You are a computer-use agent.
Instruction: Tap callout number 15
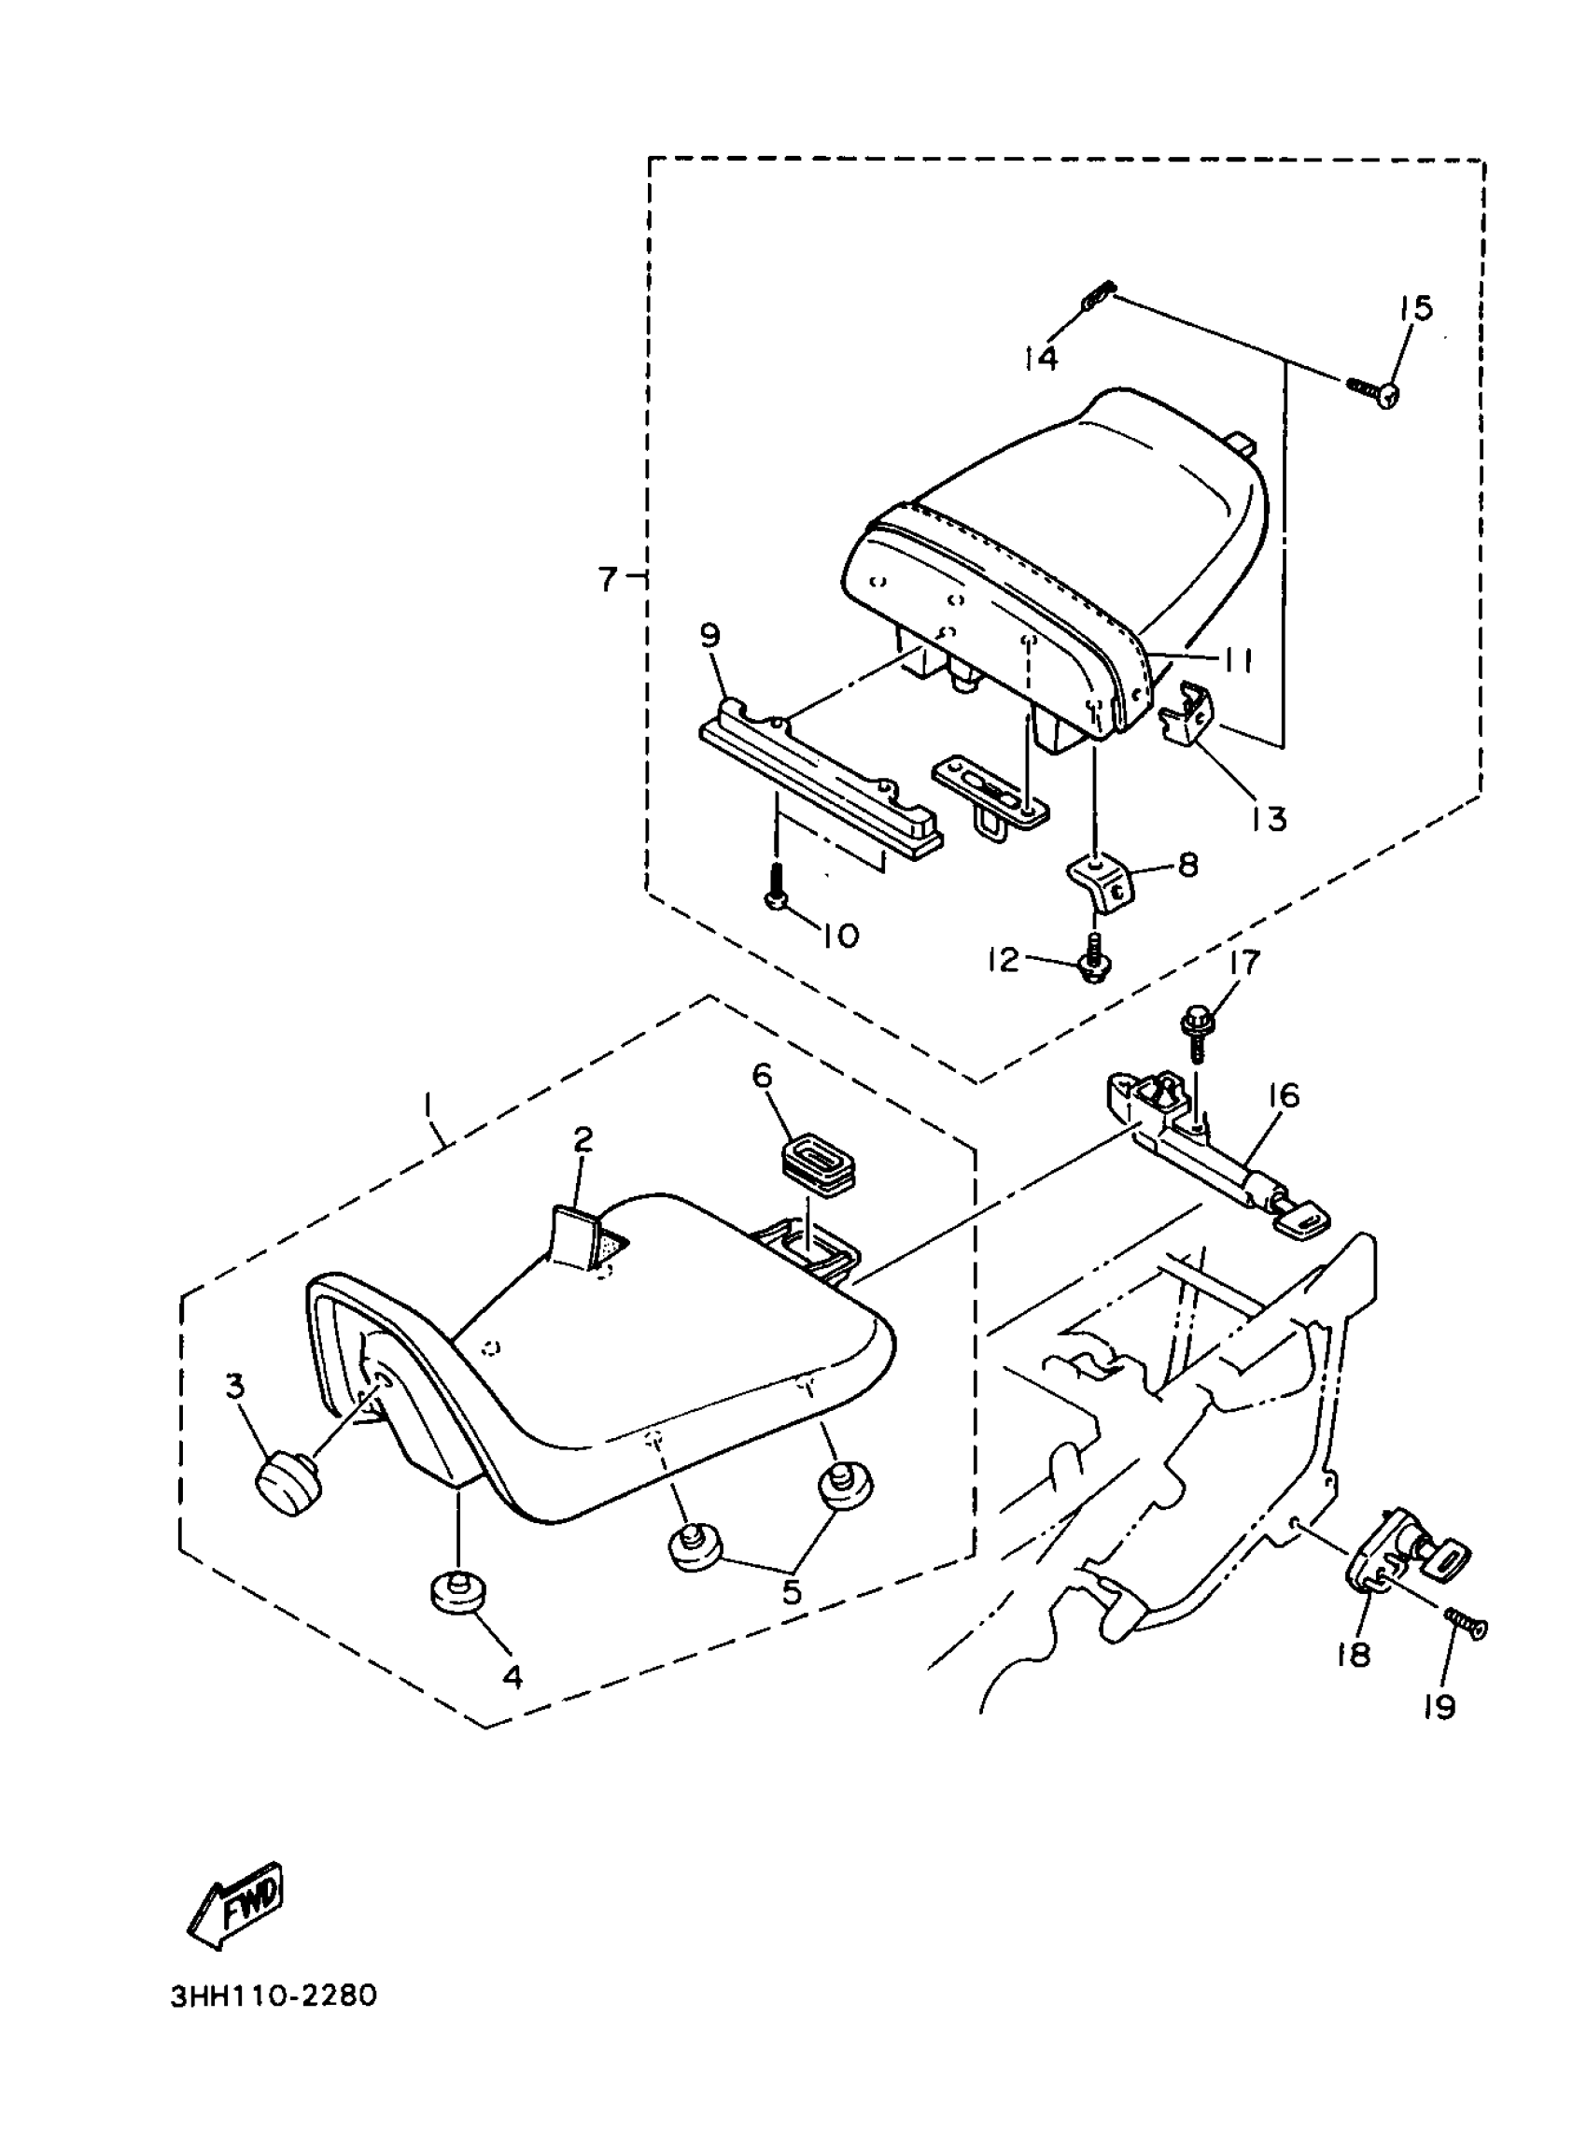1415,308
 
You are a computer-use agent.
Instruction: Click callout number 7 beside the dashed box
607,580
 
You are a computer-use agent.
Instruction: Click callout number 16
1285,1095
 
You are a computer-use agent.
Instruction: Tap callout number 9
709,637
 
